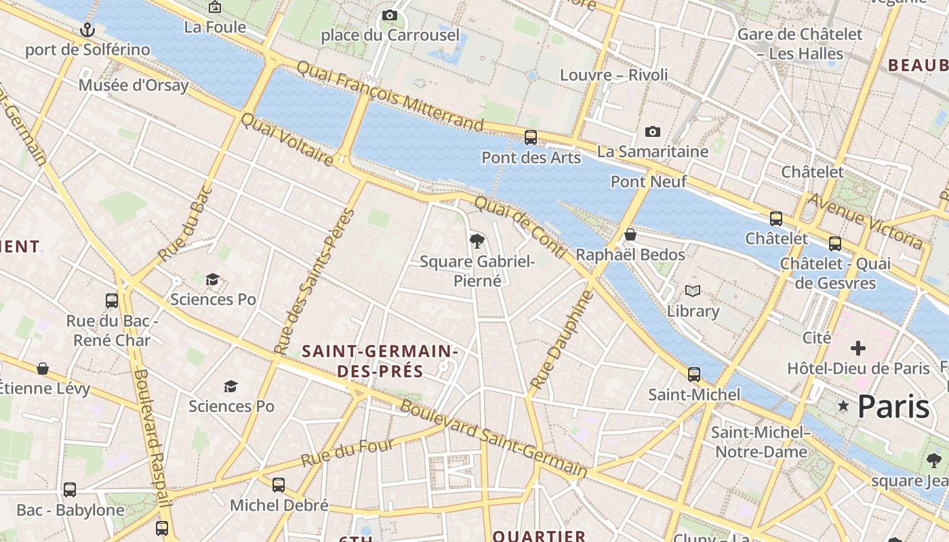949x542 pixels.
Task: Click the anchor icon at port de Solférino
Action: click(x=87, y=30)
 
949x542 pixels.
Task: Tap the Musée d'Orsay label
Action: click(x=134, y=85)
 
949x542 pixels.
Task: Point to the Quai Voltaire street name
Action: click(x=287, y=140)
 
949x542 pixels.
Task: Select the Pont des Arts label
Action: click(x=531, y=158)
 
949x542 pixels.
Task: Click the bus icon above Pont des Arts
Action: click(x=531, y=138)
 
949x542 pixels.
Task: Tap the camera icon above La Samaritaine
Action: click(x=653, y=131)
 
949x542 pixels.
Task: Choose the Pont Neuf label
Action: click(x=649, y=182)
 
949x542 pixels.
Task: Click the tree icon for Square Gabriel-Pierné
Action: click(x=477, y=241)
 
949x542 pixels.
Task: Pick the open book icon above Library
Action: click(x=692, y=291)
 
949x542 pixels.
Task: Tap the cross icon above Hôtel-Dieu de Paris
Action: click(x=858, y=348)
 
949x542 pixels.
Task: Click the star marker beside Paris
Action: click(x=843, y=406)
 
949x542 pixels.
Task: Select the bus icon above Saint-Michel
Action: click(x=694, y=374)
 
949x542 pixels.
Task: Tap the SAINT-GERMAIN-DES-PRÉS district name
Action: click(x=380, y=361)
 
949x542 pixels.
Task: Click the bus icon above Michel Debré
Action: click(x=279, y=485)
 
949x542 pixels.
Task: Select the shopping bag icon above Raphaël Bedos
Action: click(x=630, y=234)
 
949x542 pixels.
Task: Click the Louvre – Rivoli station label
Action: click(x=613, y=75)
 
